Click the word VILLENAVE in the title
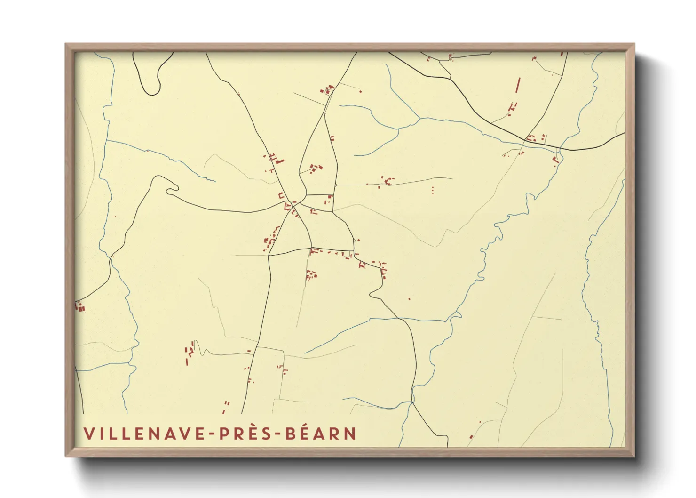[144, 434]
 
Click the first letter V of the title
[88, 434]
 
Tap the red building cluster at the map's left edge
[80, 307]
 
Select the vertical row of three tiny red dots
[432, 189]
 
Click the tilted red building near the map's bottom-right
[471, 437]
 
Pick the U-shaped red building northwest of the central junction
[281, 195]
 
